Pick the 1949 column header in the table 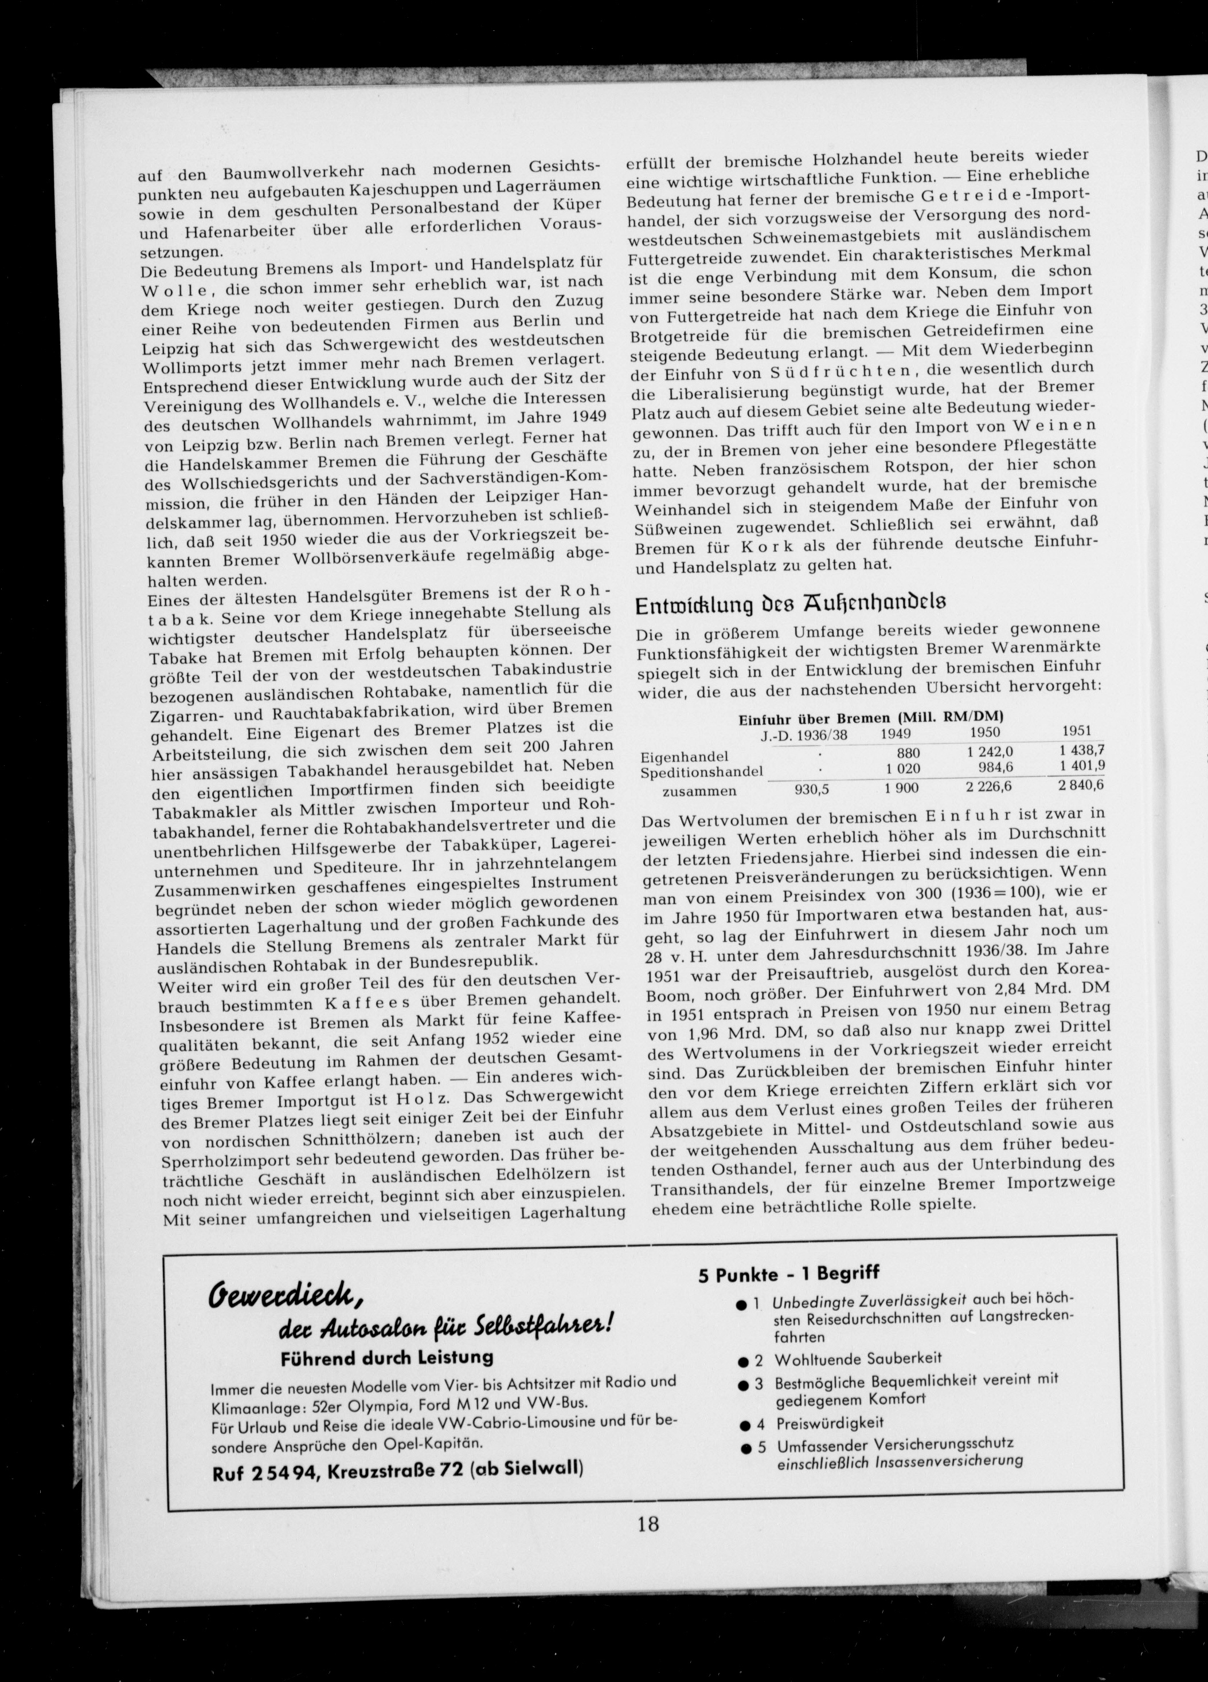point(896,733)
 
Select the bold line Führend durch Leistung point(386,1358)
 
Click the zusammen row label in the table point(699,791)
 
